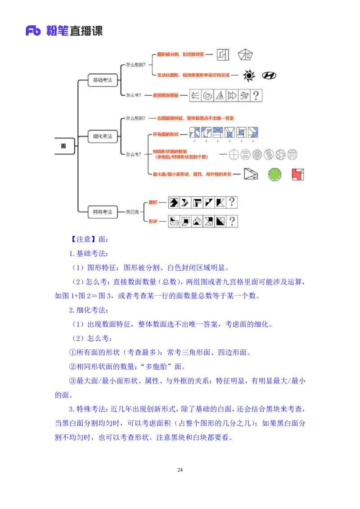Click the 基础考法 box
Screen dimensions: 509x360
pyautogui.click(x=102, y=80)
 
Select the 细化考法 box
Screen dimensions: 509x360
pyautogui.click(x=102, y=136)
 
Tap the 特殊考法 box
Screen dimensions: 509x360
pyautogui.click(x=102, y=211)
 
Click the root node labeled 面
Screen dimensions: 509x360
pyautogui.click(x=63, y=146)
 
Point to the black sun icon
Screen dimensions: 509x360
pyautogui.click(x=248, y=75)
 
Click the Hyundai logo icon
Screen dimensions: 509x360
pyautogui.click(x=269, y=76)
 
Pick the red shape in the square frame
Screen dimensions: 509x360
pyautogui.click(x=297, y=174)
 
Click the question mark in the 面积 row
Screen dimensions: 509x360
pyautogui.click(x=232, y=202)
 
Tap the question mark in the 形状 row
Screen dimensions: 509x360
pyautogui.click(x=232, y=221)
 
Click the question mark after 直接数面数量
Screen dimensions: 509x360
pyautogui.click(x=256, y=95)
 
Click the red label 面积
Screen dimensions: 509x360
pyautogui.click(x=154, y=202)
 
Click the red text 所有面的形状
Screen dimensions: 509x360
pyautogui.click(x=166, y=134)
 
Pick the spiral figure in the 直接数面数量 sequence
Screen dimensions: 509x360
pyautogui.click(x=208, y=95)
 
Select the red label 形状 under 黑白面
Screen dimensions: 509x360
pyautogui.click(x=154, y=221)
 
